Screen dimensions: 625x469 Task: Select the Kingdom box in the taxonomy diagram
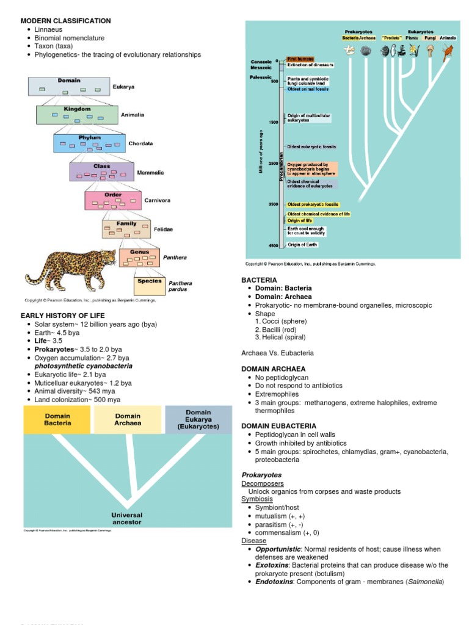tap(77, 114)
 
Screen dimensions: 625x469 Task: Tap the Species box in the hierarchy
tap(150, 285)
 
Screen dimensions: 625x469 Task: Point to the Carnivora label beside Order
tap(157, 200)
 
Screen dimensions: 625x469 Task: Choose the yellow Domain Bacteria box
tap(57, 419)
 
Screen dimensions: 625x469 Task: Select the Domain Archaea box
tap(128, 419)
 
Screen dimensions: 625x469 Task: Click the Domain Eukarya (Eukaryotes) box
tap(198, 419)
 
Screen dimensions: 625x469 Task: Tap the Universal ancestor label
tap(127, 519)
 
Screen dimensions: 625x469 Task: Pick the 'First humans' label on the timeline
tap(300, 59)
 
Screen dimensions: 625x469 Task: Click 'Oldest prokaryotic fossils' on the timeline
tap(313, 204)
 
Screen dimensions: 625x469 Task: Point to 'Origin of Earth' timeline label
tap(303, 245)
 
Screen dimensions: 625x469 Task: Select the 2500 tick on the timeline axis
tap(272, 164)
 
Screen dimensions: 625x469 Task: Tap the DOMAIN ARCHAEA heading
tap(273, 369)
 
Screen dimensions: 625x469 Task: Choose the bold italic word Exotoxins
tap(274, 565)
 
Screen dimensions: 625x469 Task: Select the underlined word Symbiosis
tap(257, 499)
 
